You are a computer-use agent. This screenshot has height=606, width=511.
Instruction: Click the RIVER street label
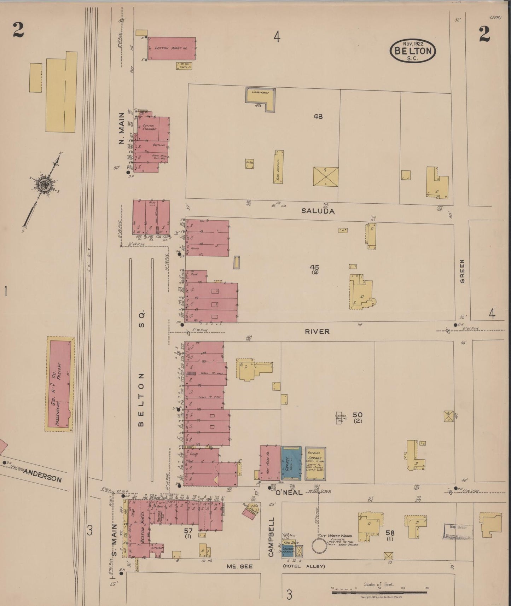(317, 331)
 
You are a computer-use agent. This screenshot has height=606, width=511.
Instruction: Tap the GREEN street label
(462, 272)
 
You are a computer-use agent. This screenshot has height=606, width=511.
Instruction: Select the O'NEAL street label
(289, 492)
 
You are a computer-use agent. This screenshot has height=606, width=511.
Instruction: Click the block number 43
(318, 116)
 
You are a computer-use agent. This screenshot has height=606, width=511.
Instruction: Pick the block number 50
(357, 414)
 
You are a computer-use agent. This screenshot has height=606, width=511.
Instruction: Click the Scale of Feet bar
(379, 592)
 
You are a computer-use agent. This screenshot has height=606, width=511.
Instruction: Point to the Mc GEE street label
(240, 566)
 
